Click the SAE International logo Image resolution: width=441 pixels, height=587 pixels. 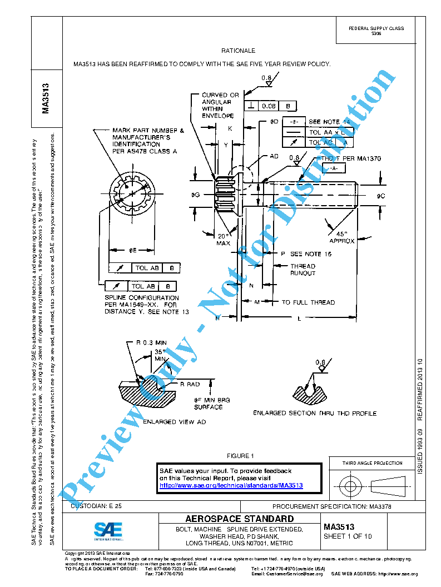[x=108, y=531]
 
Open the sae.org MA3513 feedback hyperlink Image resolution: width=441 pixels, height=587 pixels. [x=231, y=485]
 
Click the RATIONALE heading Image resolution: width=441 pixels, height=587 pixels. [x=238, y=51]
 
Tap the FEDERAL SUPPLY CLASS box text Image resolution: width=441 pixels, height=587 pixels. [x=376, y=31]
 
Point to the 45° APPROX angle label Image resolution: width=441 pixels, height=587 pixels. [x=342, y=237]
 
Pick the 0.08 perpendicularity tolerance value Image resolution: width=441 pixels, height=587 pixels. [x=269, y=106]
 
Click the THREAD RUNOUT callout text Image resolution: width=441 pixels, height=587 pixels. [x=303, y=270]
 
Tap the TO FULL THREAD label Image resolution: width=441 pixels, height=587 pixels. [x=308, y=302]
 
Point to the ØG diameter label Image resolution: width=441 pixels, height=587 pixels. [x=195, y=195]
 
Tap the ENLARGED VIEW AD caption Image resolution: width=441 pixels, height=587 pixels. [x=167, y=422]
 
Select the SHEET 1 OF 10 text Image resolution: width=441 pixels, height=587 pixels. [x=348, y=536]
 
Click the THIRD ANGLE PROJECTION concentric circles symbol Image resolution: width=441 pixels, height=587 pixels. [x=350, y=486]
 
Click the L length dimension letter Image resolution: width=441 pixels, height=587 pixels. [x=299, y=319]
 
